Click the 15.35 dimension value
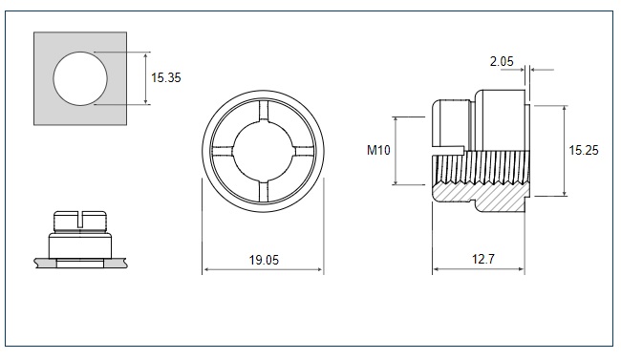click(166, 77)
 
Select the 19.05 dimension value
click(264, 260)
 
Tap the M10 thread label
click(378, 150)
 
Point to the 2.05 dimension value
click(502, 61)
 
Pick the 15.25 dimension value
click(584, 150)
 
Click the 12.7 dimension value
click(483, 259)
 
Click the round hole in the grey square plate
click(80, 78)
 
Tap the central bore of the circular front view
click(263, 151)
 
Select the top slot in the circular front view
click(264, 110)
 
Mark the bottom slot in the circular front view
click(264, 192)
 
